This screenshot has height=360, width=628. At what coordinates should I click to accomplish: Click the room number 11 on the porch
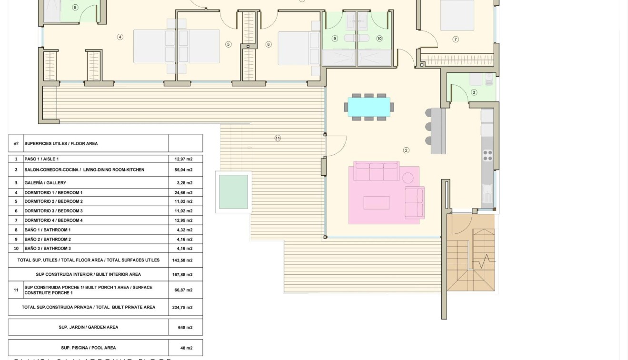coord(278,138)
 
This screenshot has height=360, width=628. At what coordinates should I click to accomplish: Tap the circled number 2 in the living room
coord(406,150)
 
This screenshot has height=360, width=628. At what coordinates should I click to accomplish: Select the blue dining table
coord(369,107)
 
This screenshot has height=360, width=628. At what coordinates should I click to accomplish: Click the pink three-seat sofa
coord(376,172)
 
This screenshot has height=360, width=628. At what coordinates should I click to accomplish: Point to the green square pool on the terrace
coord(233,192)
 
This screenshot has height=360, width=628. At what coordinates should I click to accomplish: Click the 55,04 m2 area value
coord(185,170)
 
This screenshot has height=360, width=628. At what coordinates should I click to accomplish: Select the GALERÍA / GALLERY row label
coord(45,183)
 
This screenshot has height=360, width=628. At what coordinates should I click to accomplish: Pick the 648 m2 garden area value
coord(185,328)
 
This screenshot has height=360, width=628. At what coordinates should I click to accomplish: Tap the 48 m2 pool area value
coord(185,348)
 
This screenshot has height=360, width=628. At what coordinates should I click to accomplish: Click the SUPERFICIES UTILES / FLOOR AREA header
coord(61,143)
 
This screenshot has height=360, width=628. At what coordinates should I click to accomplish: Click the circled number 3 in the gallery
coord(474,92)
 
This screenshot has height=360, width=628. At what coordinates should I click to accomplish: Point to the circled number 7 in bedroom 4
coord(456,40)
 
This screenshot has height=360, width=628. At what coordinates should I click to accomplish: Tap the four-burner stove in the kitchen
coord(488,156)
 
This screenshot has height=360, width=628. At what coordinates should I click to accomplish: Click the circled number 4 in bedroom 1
coord(120,37)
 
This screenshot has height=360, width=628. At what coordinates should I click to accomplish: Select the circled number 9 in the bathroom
coord(335,39)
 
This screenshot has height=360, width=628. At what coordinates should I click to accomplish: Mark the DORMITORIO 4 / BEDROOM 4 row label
coord(53,220)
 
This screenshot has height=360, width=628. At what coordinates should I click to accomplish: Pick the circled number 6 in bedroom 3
coord(269,44)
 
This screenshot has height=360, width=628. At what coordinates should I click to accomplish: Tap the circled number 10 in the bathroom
coord(379,39)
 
